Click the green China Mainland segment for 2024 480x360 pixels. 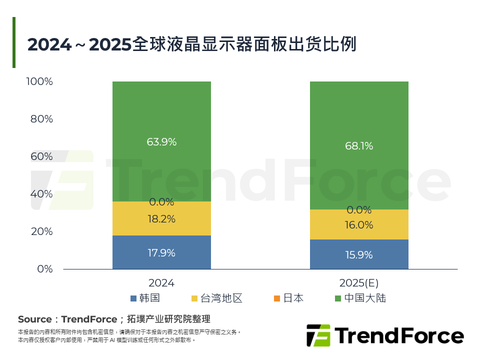coord(161,120)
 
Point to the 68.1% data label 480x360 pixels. coord(359,146)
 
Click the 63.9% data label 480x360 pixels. coord(161,142)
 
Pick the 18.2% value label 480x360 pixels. coord(161,219)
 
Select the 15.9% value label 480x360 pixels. coord(359,255)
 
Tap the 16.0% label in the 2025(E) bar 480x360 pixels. coord(359,225)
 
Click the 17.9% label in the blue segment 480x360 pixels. coord(161,253)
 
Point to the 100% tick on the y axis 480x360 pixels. coord(39,81)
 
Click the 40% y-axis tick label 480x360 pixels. coord(42,194)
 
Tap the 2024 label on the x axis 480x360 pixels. coord(161,283)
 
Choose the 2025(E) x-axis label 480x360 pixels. coord(359,283)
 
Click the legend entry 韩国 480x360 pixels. coord(145,298)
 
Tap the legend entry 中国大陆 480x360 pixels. coord(360,298)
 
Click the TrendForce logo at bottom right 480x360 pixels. coord(384,335)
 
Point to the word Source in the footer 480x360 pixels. coord(34,319)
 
